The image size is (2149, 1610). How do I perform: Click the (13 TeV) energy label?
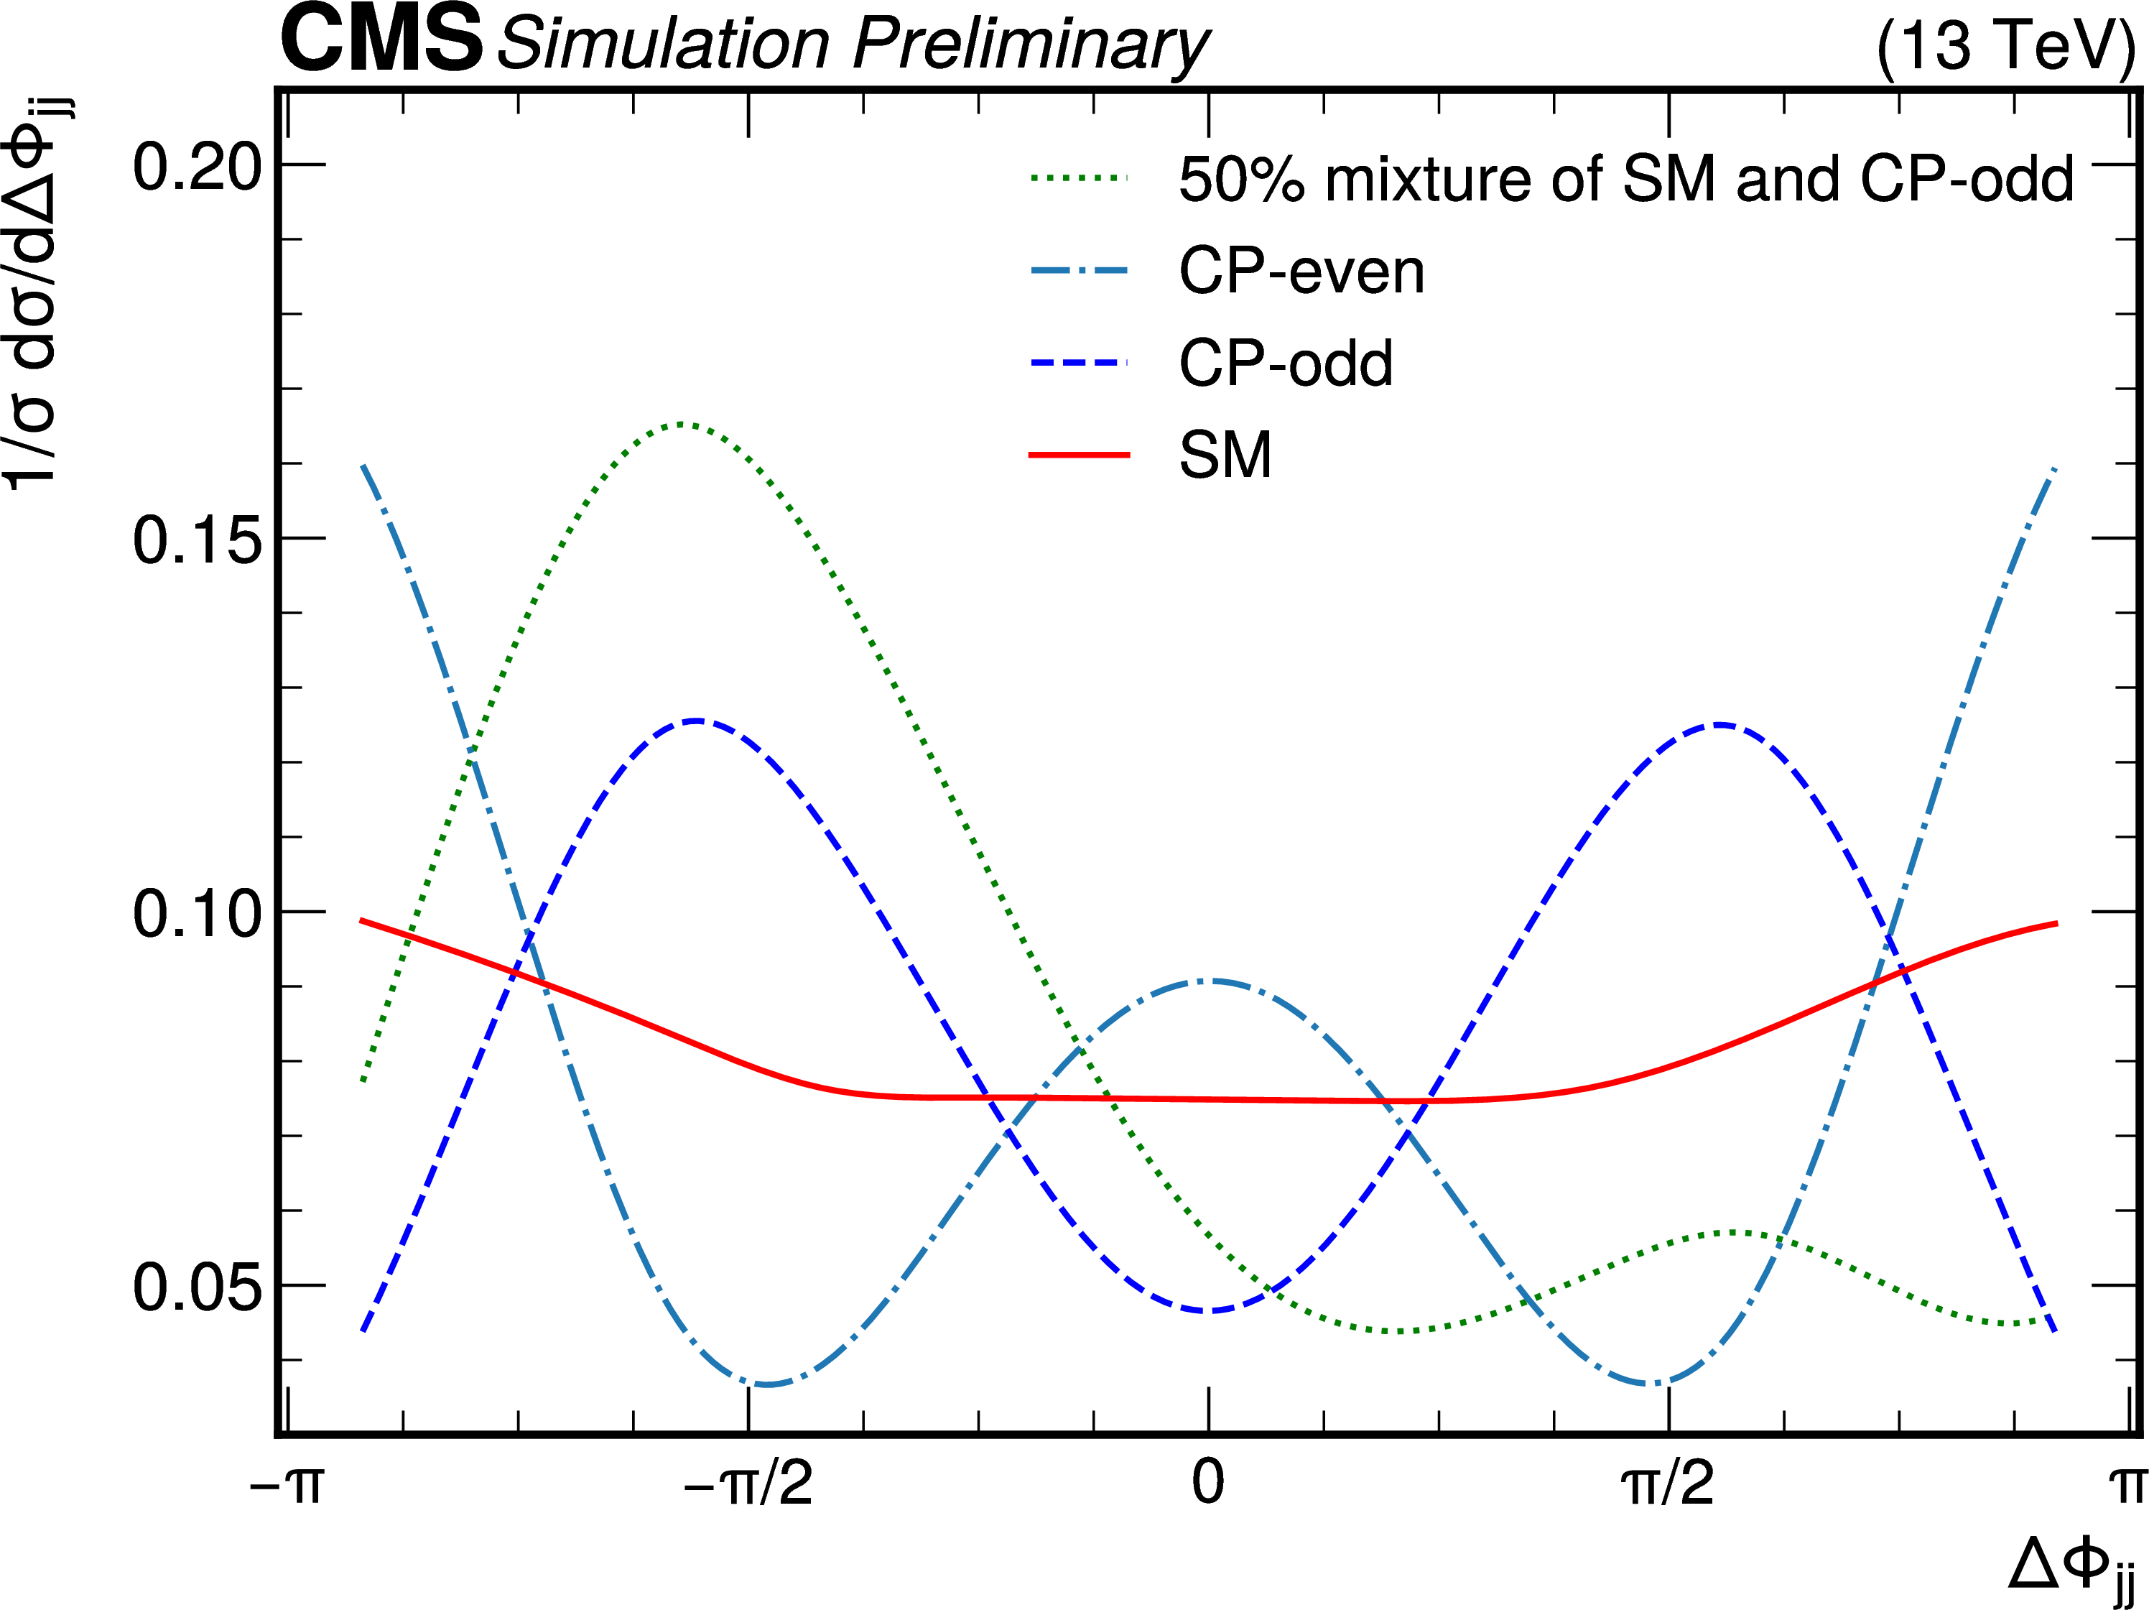[2003, 45]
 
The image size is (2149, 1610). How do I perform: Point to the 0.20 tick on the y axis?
[198, 166]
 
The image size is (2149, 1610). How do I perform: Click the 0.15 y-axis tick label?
[198, 540]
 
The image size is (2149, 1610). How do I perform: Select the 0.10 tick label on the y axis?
[198, 913]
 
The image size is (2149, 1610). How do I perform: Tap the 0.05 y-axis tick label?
[198, 1287]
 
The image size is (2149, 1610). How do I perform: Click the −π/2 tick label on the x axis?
[748, 1484]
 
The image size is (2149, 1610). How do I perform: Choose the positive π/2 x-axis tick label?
[1667, 1484]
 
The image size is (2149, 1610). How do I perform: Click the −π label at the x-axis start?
[286, 1484]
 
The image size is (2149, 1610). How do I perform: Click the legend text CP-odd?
[1286, 364]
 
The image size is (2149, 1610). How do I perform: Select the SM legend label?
[1225, 455]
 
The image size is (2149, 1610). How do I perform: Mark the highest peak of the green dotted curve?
[683, 424]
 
